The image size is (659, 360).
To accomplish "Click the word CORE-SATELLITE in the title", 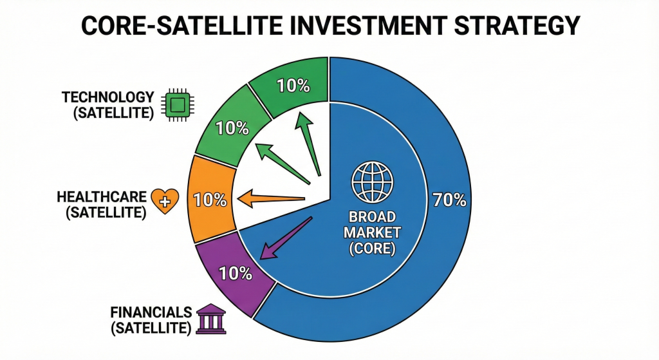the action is coord(181,25).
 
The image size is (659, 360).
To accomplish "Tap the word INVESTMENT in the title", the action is coord(366,25).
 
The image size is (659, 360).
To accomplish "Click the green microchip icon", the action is coord(178,105).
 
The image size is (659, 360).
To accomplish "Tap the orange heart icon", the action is coord(165,201).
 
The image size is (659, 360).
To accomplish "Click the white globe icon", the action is coord(373,181).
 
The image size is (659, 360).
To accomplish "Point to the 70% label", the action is coord(449,200).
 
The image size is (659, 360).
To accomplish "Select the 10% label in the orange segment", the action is coord(210,200).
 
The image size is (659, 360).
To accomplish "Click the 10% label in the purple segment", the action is coord(236,274).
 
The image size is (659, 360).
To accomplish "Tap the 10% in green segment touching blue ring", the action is coord(293,86).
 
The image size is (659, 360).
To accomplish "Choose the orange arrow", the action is coord(271,198).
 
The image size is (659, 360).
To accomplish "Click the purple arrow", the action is coord(286,238).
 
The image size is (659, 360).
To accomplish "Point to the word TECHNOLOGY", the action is coord(108,97).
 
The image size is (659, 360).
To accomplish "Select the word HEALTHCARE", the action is coord(102,197).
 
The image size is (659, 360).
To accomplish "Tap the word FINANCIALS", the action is coord(151,312).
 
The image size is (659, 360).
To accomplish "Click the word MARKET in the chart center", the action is coord(373,232).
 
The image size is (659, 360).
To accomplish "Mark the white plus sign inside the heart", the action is coord(165,202).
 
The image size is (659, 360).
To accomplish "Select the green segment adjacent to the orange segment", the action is coord(232,126).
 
